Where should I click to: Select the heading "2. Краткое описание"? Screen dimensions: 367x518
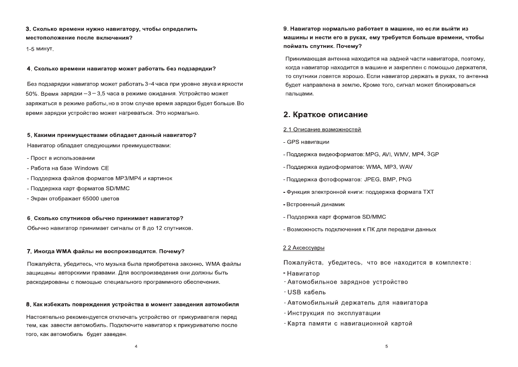(x=326, y=115)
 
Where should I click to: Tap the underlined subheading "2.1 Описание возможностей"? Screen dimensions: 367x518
(x=322, y=129)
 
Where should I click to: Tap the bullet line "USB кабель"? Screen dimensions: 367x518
(x=306, y=292)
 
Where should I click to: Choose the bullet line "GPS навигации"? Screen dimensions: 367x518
(x=308, y=142)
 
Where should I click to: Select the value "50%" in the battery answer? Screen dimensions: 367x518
(x=32, y=94)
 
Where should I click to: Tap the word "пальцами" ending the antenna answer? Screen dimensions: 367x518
(x=299, y=94)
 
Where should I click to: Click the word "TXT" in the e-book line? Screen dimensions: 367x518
(x=428, y=192)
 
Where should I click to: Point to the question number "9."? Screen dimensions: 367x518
(x=286, y=29)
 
